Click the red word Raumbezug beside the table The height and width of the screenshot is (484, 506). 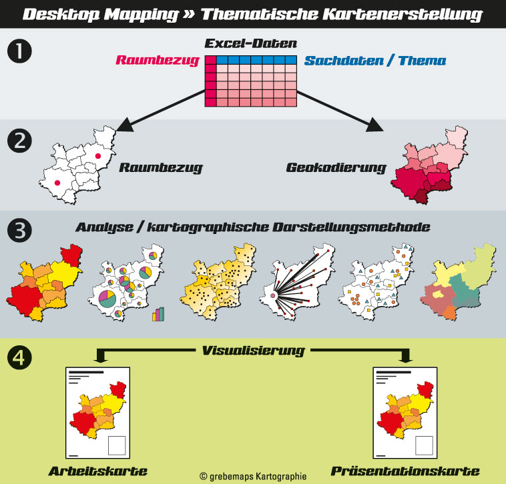tap(158, 61)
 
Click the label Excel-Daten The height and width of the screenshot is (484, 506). tap(250, 45)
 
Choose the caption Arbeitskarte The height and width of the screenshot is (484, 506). tap(97, 471)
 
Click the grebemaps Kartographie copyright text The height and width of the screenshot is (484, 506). tap(253, 476)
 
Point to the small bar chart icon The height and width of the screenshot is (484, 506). tap(158, 314)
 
